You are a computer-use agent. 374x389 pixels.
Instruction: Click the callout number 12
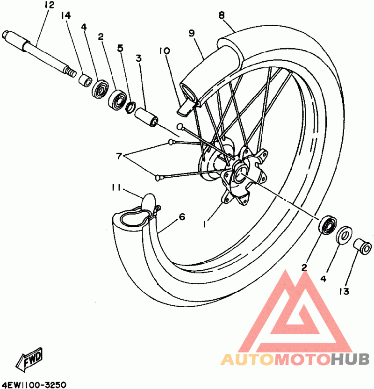click(x=50, y=5)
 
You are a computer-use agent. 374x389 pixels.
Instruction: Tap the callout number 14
click(x=66, y=15)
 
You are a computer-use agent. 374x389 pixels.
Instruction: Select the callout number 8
click(x=222, y=15)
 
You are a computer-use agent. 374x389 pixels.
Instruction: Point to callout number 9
click(x=192, y=33)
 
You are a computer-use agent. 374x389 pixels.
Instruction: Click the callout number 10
click(x=164, y=51)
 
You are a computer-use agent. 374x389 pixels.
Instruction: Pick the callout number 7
click(x=119, y=156)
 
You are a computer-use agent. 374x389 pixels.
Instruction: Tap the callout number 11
click(x=116, y=188)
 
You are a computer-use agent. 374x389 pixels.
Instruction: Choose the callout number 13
click(x=344, y=291)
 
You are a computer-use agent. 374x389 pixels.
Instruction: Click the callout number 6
click(x=182, y=217)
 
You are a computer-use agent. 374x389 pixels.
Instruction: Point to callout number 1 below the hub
click(x=204, y=224)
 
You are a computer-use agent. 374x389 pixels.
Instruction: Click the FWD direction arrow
click(x=29, y=359)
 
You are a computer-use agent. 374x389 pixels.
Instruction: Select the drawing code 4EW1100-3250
click(x=33, y=385)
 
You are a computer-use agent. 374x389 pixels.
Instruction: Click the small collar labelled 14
click(x=85, y=79)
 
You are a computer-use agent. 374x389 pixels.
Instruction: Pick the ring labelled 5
click(x=131, y=107)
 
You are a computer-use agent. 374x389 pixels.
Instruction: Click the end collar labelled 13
click(x=362, y=246)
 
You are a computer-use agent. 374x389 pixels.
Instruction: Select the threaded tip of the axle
click(x=70, y=72)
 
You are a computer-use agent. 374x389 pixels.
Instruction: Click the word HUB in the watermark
click(x=350, y=359)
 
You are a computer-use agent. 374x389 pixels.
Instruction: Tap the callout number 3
click(x=139, y=58)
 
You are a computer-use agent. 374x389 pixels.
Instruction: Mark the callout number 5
click(x=120, y=48)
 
